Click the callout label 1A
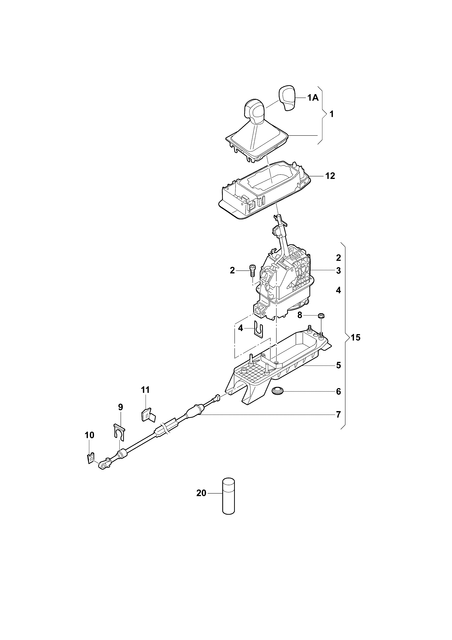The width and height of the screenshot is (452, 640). click(313, 98)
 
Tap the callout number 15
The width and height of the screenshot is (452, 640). click(355, 338)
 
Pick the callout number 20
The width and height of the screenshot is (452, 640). click(201, 493)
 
